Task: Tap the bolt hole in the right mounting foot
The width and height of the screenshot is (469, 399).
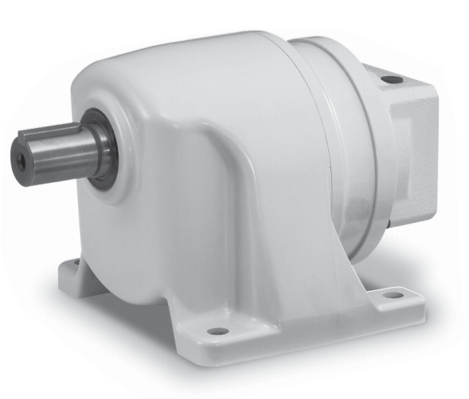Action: (392, 294)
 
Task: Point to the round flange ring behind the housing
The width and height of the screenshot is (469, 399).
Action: (358, 159)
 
